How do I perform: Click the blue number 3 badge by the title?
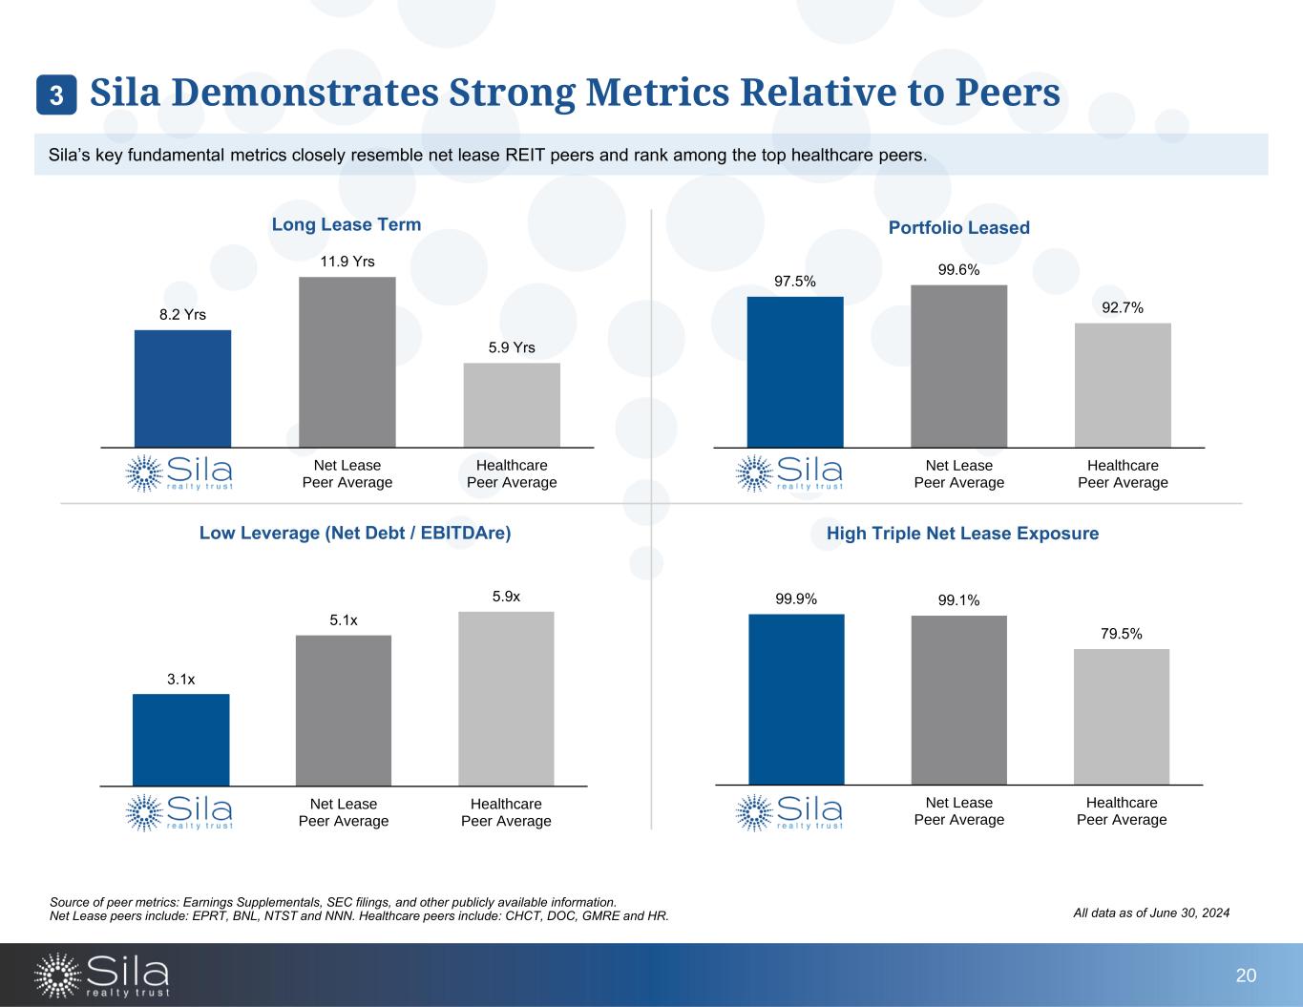click(56, 95)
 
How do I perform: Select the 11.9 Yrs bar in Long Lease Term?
click(347, 362)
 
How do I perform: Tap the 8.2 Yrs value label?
click(182, 314)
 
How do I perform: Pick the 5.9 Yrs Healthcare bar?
click(512, 405)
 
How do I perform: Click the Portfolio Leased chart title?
click(958, 228)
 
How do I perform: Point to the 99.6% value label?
click(958, 270)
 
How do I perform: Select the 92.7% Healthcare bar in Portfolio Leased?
click(1123, 385)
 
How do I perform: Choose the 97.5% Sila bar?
click(795, 372)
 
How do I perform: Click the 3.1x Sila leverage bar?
click(181, 740)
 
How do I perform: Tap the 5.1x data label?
click(344, 620)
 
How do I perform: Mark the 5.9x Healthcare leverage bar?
click(506, 699)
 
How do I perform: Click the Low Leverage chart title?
click(355, 534)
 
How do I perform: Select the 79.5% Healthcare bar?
click(1122, 717)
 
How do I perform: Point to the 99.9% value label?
click(796, 599)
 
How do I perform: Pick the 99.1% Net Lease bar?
click(959, 700)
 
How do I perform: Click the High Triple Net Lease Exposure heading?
click(962, 534)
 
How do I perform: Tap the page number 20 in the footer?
click(1246, 976)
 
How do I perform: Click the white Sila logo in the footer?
click(102, 975)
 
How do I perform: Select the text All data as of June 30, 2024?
click(1151, 913)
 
